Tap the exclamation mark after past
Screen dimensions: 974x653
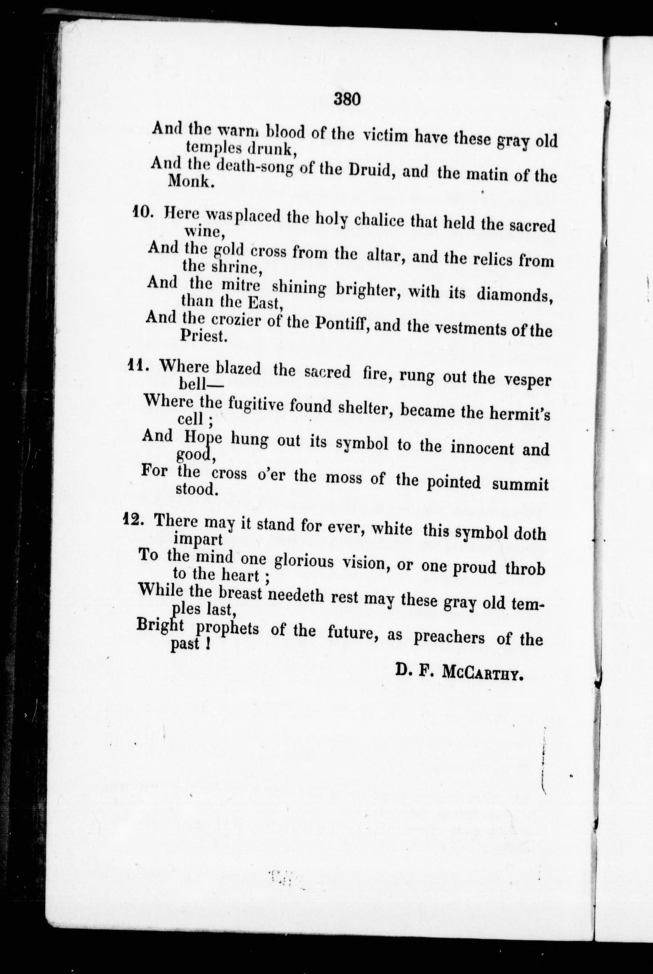[x=207, y=644]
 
